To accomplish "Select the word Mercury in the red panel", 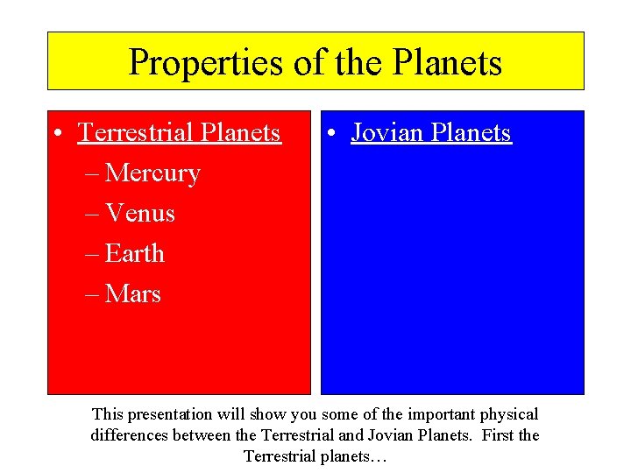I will point(152,173).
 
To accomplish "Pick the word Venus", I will point(140,213).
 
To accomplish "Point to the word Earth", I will point(135,253).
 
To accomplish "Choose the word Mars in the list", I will point(133,293).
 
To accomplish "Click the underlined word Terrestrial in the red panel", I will point(136,132).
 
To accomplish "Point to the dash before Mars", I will point(93,295).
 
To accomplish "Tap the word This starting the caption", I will point(109,413).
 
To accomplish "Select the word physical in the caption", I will point(508,414).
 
